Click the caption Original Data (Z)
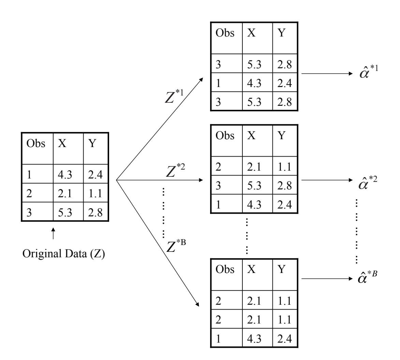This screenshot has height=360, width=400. click(64, 255)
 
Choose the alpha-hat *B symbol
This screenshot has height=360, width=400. click(368, 278)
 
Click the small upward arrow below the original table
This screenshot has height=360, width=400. click(53, 235)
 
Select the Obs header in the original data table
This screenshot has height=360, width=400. click(36, 144)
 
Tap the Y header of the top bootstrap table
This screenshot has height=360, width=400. click(282, 34)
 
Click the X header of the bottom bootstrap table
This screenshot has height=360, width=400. click(251, 269)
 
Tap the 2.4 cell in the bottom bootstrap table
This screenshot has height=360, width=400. click(284, 340)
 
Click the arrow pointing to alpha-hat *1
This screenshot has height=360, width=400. click(326, 73)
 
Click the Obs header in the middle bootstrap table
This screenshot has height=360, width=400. click(225, 136)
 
